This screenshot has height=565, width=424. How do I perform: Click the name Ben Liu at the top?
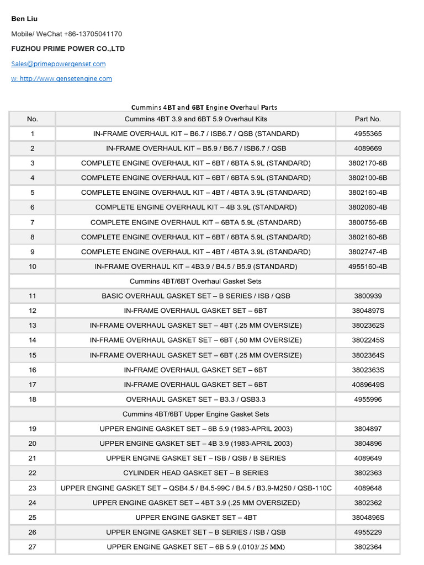[24, 19]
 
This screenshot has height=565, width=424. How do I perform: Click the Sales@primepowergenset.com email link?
[59, 63]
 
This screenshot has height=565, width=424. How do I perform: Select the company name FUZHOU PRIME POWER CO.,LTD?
[68, 49]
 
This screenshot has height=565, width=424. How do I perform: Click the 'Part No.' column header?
[368, 119]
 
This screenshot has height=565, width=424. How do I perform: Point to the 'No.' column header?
[32, 119]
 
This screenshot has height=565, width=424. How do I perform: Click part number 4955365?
[368, 134]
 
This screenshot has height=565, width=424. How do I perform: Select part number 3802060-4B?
[368, 207]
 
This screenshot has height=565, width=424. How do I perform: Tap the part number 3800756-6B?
[368, 222]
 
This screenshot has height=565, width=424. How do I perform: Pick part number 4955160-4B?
[368, 266]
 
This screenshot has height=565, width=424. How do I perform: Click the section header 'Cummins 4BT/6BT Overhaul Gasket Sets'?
[195, 281]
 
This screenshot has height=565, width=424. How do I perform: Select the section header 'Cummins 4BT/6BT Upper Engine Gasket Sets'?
[195, 414]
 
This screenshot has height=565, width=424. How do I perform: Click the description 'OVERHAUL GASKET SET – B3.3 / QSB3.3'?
[195, 399]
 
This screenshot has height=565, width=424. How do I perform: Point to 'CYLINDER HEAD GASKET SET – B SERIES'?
[195, 473]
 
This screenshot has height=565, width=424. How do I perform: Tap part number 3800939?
[368, 296]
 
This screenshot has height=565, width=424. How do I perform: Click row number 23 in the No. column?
[32, 488]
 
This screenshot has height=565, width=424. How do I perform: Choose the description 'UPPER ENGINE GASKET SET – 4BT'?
[195, 518]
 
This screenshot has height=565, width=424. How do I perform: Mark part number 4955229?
[368, 532]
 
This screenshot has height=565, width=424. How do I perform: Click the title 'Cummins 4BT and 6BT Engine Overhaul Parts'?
[204, 107]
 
